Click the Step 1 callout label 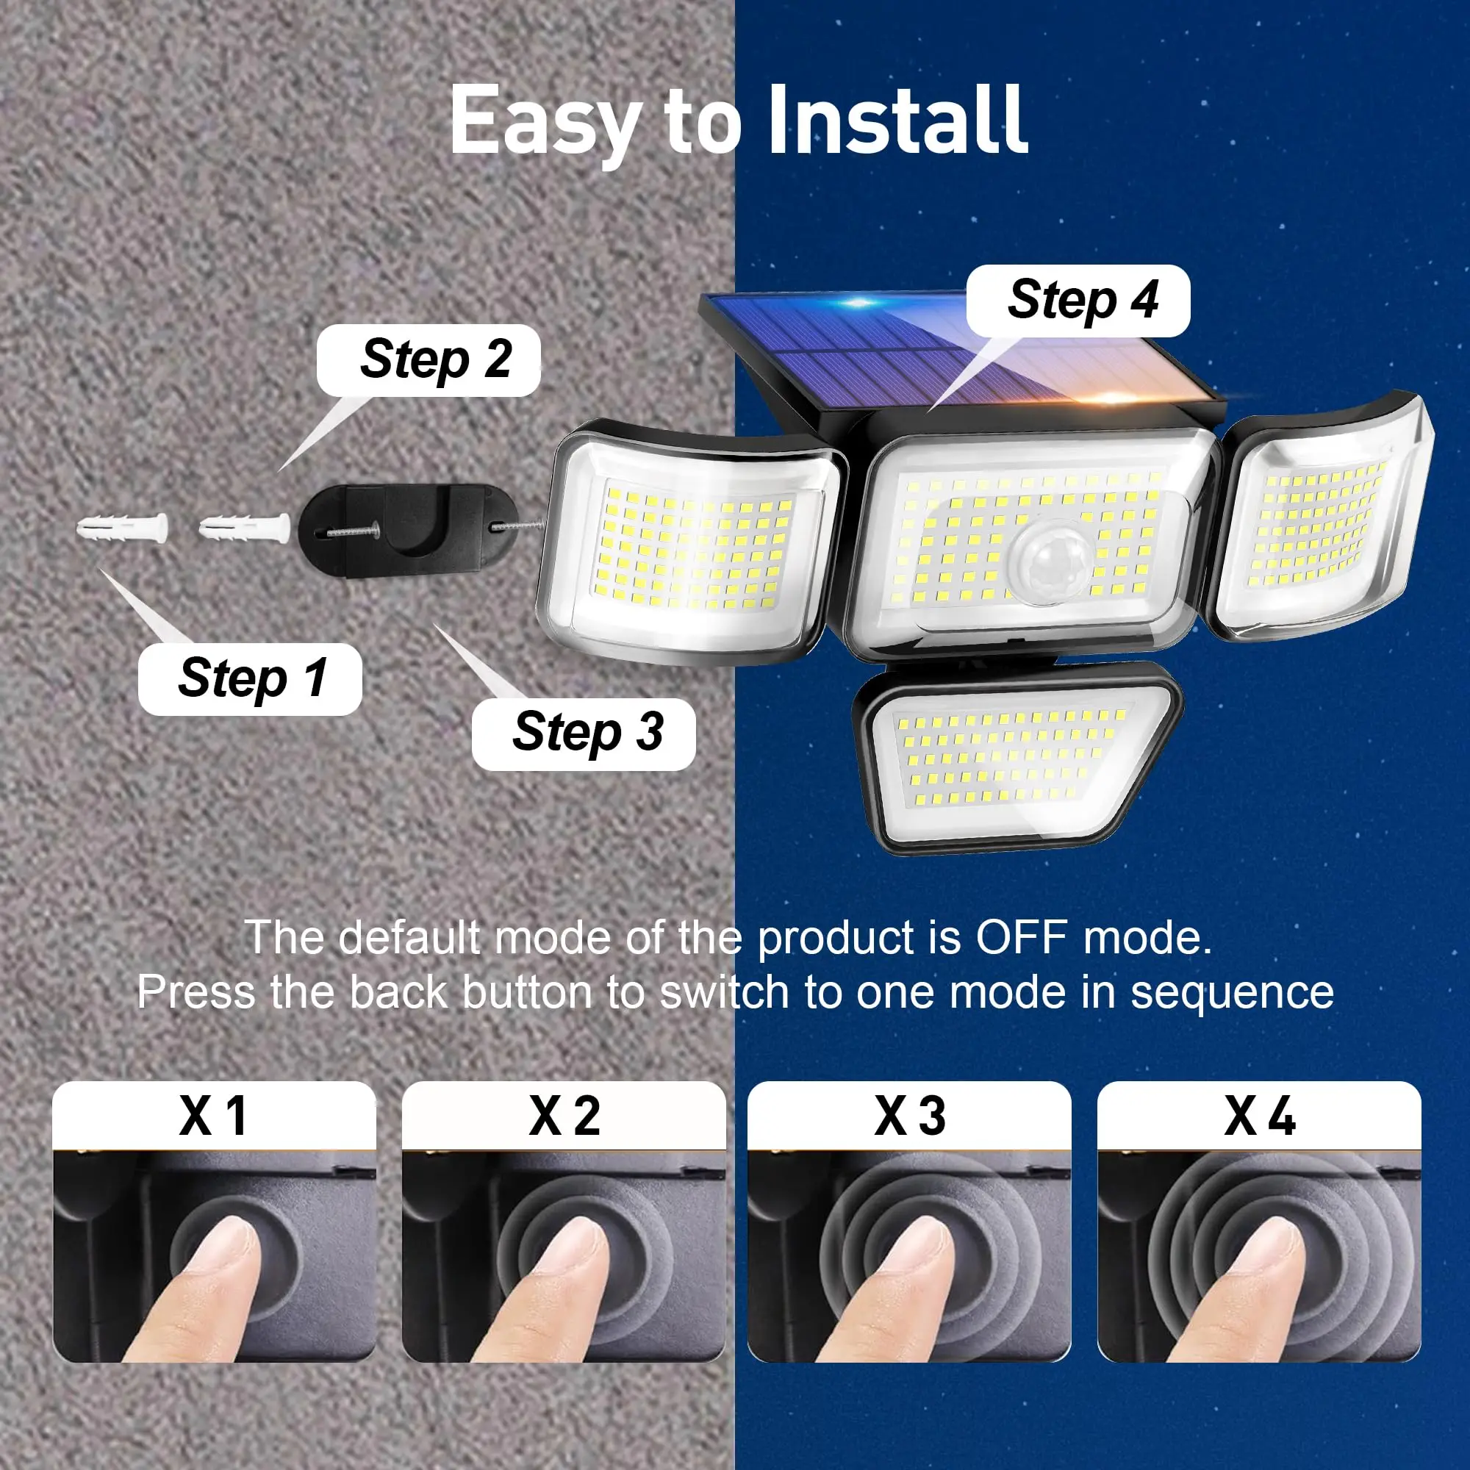pyautogui.click(x=251, y=678)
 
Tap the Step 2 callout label pyautogui.click(x=429, y=360)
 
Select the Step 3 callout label pyautogui.click(x=584, y=734)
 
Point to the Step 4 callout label pyautogui.click(x=1078, y=301)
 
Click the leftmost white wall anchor pyautogui.click(x=123, y=528)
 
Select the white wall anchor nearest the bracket pyautogui.click(x=245, y=528)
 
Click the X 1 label pyautogui.click(x=214, y=1116)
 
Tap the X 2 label pyautogui.click(x=564, y=1116)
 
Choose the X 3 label pyautogui.click(x=910, y=1116)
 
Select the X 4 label pyautogui.click(x=1260, y=1116)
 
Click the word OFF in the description pyautogui.click(x=1022, y=937)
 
